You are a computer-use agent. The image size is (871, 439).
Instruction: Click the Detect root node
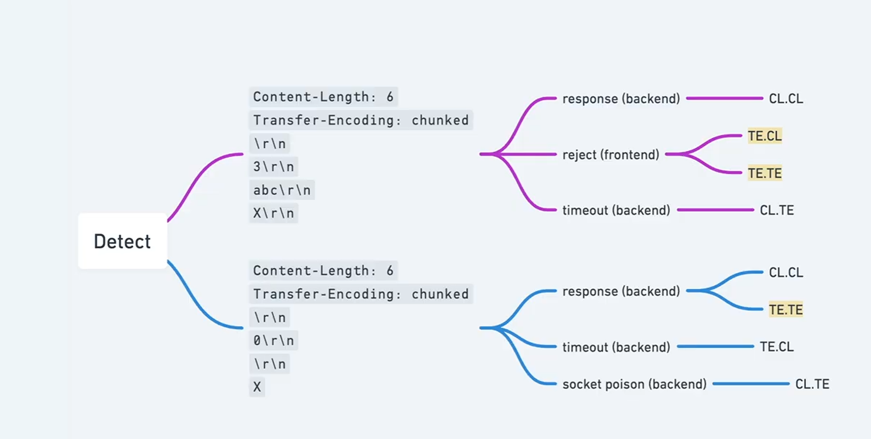pos(122,241)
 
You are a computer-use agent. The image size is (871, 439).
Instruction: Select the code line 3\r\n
pos(273,167)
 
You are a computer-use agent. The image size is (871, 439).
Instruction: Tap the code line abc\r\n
pos(282,190)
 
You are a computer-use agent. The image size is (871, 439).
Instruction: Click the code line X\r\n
pos(273,213)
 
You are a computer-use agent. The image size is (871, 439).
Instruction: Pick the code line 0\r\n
pos(273,340)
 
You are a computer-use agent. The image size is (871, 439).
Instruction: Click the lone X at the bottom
pos(257,387)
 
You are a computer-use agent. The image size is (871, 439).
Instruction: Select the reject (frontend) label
pos(611,155)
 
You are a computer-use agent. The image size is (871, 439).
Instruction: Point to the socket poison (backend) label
pos(634,384)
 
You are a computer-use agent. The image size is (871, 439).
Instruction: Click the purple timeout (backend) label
pos(616,210)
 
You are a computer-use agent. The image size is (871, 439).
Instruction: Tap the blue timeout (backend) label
pos(616,347)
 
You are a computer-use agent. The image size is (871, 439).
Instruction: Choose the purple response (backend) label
pos(621,99)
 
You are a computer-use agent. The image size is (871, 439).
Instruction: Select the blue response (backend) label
pos(621,291)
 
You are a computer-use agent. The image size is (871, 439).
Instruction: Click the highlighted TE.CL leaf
pos(765,136)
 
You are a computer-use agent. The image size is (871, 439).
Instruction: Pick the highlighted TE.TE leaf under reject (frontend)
pos(765,173)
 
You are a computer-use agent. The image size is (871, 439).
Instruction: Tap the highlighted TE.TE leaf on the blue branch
pos(786,309)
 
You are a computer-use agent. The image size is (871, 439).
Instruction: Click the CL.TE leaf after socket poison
pos(812,384)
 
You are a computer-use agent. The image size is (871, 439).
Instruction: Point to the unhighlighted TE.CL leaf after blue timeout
pos(777,347)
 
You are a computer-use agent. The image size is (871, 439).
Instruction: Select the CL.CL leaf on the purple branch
pos(786,99)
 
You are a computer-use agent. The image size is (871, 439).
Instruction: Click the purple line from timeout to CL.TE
pos(715,210)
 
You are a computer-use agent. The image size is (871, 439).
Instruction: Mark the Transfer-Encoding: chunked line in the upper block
pos(361,120)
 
